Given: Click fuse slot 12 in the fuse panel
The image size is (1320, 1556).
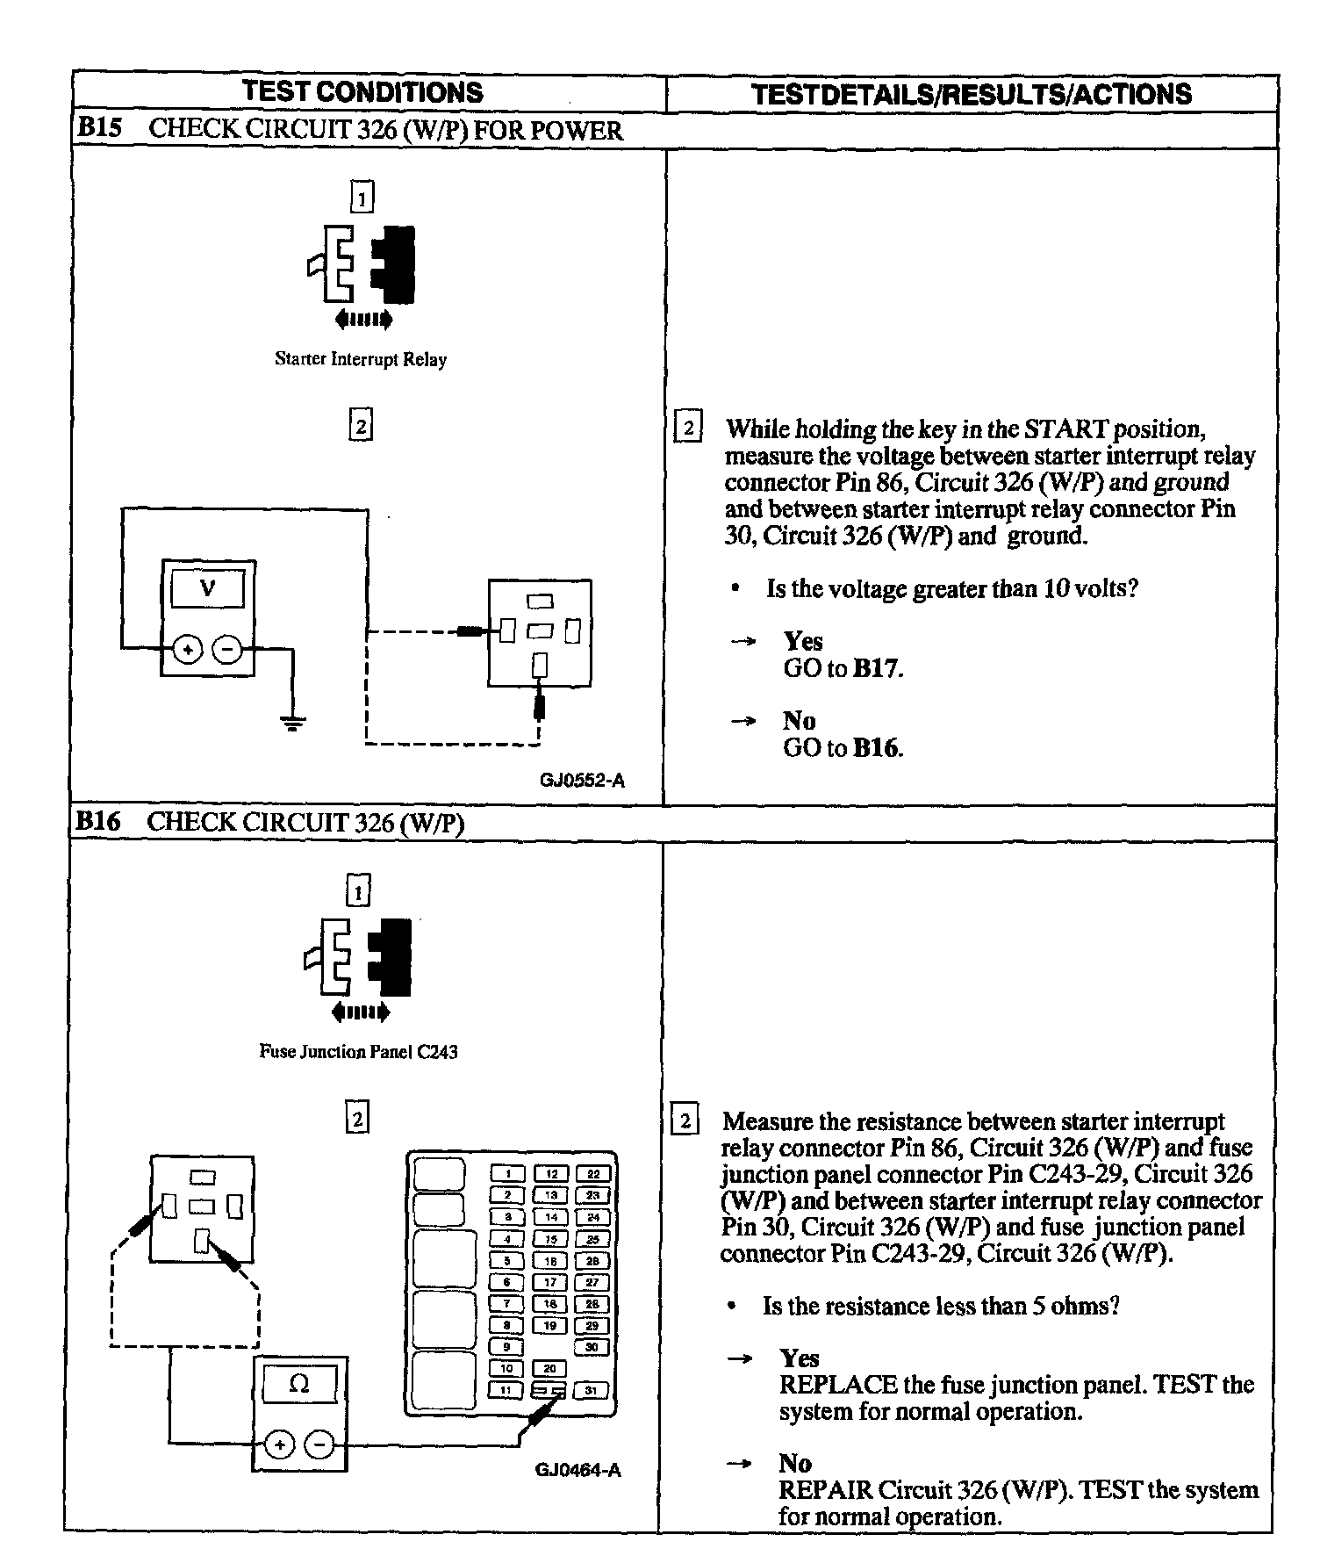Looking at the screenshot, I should coord(551,1174).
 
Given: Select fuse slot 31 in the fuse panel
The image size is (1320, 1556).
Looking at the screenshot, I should coord(592,1390).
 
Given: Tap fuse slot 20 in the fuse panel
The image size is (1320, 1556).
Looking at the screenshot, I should coord(550,1369).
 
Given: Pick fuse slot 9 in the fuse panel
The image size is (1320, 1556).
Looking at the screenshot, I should coord(506,1347).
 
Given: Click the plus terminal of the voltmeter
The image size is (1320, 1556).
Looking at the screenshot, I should coord(186,650).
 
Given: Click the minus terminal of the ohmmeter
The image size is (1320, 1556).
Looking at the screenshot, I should coord(320,1444).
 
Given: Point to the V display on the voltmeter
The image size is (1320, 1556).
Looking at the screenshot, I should coord(208,588).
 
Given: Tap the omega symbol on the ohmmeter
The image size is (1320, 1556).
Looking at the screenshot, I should coord(299,1385).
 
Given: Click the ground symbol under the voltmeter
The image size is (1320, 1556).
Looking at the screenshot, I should coord(292,723).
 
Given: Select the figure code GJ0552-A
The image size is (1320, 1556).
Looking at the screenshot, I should coord(583,781).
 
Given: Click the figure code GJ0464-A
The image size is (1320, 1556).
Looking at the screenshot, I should coord(578,1470).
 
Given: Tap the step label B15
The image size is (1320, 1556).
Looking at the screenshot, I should coord(97,129).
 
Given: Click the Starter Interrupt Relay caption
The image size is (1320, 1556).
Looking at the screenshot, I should coord(361,359).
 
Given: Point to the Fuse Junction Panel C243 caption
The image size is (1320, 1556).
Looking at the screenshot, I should coord(358,1051).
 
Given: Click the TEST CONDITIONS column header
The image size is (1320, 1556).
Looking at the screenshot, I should coord(362,92).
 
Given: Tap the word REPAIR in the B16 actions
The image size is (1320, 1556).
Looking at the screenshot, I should coord(825,1490).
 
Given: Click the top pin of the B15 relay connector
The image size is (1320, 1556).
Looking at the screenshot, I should coord(540,602).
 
